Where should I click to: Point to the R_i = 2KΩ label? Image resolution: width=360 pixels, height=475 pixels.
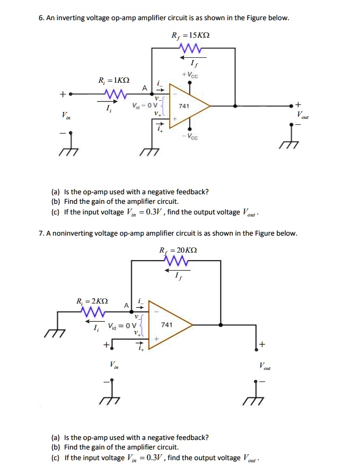93,301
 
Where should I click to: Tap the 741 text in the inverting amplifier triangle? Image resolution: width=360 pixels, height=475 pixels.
183,106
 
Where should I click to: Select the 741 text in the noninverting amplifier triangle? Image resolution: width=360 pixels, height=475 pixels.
166,324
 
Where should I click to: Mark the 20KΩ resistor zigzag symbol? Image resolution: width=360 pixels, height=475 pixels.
176,261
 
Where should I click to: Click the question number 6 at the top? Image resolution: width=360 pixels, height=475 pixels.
41,18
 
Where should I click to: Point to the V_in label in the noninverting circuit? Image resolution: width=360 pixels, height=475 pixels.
113,365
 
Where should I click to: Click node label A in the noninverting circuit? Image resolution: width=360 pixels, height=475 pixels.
126,305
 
